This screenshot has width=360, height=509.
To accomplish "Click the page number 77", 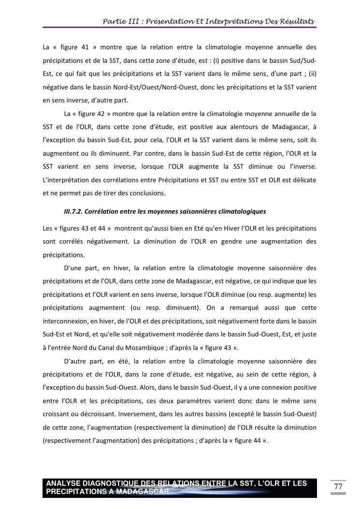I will pyautogui.click(x=338, y=486).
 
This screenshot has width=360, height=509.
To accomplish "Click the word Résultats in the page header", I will pyautogui.click(x=296, y=21).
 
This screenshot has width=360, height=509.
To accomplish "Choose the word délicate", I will pyautogui.click(x=303, y=180).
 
